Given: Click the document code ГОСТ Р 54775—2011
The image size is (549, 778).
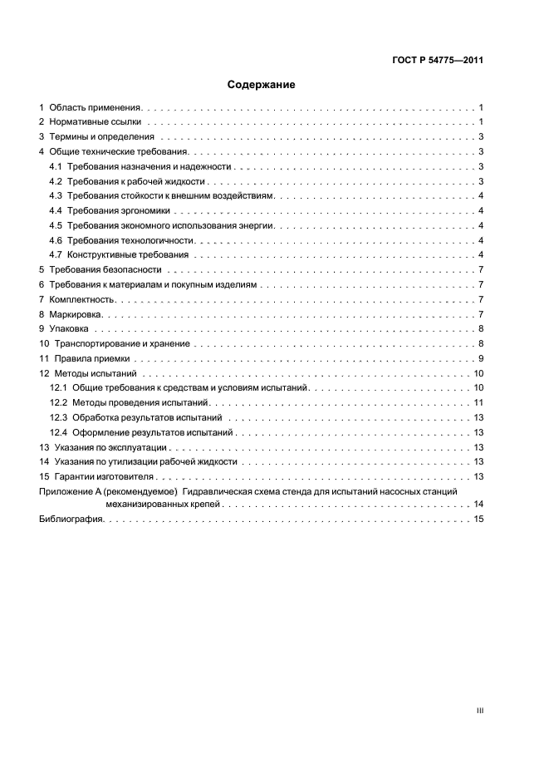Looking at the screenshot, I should tap(437, 60).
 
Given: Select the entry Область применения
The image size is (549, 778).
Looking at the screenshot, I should tap(96, 108).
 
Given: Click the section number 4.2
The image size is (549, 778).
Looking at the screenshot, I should tap(56, 181).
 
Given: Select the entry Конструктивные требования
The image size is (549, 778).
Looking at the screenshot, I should tap(128, 254).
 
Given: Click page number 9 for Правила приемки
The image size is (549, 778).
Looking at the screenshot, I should tap(481, 358).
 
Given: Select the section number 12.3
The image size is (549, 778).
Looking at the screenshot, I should tap(58, 417).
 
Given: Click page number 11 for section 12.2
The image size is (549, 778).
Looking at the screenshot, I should tap(479, 402).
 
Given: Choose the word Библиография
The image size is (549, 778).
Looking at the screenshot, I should tap(71, 519).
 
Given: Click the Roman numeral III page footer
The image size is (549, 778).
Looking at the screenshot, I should tap(479, 711).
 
